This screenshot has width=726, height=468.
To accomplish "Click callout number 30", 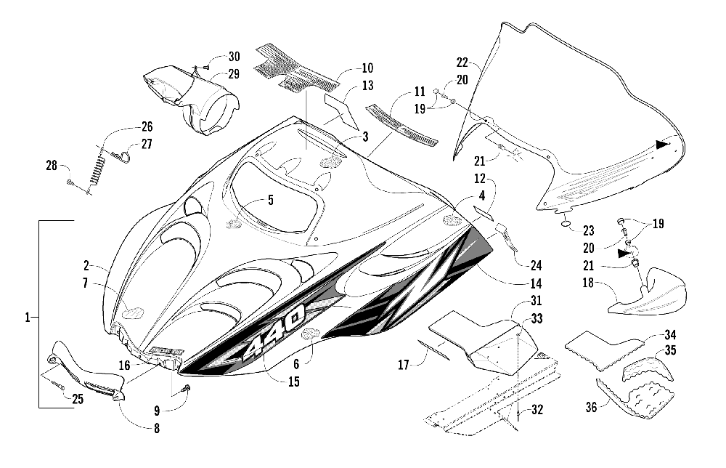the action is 234,57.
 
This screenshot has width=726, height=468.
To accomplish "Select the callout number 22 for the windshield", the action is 462,62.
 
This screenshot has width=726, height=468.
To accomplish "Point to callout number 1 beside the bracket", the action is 28,318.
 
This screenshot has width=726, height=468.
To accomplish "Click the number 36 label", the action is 591,407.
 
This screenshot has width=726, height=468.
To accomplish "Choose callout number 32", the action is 537,410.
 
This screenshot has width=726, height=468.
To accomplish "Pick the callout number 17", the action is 404,365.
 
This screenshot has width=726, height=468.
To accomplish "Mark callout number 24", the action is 537,265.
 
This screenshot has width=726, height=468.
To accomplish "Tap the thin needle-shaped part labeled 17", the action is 434,350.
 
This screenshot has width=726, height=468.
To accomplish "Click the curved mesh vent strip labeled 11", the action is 402,125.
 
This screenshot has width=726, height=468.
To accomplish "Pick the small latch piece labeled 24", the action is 507,235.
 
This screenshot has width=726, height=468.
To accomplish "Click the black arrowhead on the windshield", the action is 663,145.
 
